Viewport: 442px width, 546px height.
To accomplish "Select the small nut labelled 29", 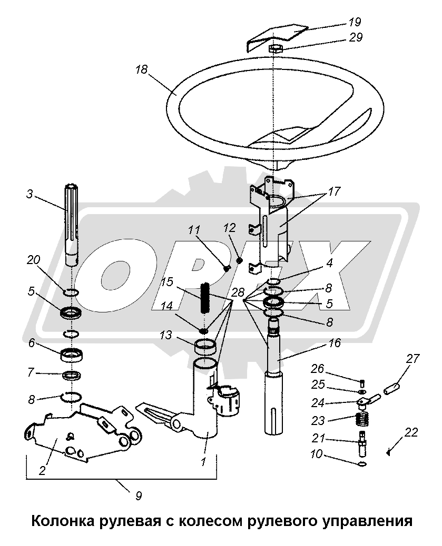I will click(276, 49).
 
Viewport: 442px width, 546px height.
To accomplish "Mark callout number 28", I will click(238, 292).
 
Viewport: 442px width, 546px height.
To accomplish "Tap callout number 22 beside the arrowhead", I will click(411, 432).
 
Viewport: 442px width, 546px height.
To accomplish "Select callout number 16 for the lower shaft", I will click(335, 343).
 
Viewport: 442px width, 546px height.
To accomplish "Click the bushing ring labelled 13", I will click(206, 348).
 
